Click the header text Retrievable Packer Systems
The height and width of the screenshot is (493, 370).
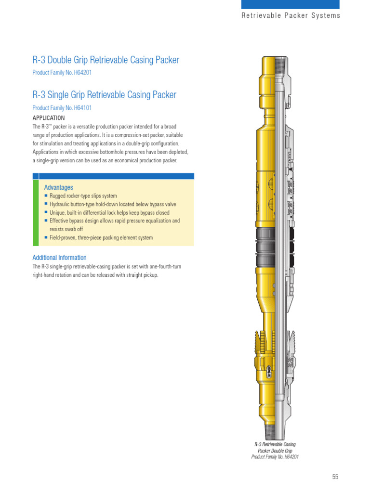click(x=291, y=15)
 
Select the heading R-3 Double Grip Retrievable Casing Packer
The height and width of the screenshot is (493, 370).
click(x=106, y=60)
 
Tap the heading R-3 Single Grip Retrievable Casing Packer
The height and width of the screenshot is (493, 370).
click(x=104, y=95)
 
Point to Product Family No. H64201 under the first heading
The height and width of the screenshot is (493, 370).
click(x=62, y=73)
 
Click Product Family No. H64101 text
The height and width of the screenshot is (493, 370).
click(x=62, y=108)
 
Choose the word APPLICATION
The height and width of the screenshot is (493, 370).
click(x=49, y=118)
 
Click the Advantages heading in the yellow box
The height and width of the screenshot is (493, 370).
click(x=59, y=187)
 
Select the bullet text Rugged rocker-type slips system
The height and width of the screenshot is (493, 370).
click(x=83, y=196)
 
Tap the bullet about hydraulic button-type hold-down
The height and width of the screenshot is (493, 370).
click(x=109, y=205)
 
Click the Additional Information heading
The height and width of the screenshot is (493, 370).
click(x=59, y=258)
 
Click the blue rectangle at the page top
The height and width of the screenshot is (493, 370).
click(x=290, y=4)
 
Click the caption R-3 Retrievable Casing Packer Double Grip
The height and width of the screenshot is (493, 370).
click(x=275, y=448)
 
